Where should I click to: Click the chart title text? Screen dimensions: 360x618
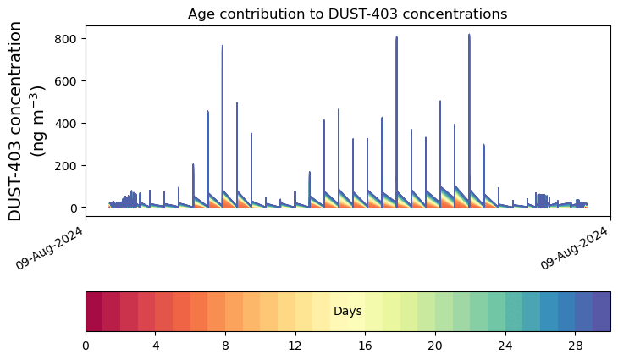click(x=347, y=14)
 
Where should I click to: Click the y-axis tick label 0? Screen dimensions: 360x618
click(x=74, y=208)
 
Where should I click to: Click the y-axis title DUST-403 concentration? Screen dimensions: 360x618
click(x=17, y=121)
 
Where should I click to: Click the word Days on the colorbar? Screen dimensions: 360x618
click(x=347, y=312)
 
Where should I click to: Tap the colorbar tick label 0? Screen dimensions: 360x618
click(x=86, y=346)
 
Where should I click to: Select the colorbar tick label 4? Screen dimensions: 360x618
click(x=156, y=346)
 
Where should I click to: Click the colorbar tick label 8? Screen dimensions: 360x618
click(x=225, y=346)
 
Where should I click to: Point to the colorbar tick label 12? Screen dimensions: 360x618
click(x=295, y=346)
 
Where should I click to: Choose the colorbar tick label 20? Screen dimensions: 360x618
click(x=435, y=346)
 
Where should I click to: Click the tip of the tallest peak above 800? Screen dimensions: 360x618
click(x=469, y=35)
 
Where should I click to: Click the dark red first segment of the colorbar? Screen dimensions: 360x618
click(x=94, y=311)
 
